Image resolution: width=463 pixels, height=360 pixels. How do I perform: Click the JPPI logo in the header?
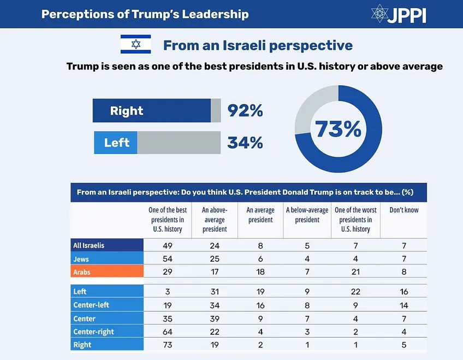pos(397,14)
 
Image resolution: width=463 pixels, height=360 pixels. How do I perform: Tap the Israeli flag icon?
pos(135,44)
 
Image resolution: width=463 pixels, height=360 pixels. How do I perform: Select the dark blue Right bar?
pos(151,110)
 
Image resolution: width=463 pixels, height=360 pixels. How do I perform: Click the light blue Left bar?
pos(116,143)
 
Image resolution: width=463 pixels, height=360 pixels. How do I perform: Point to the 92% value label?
pos(245,111)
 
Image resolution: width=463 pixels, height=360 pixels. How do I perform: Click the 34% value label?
pos(245,143)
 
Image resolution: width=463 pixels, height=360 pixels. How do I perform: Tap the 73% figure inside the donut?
pos(338,129)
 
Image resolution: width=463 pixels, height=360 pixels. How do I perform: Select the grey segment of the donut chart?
pos(312,107)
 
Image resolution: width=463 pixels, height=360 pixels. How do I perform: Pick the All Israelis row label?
pos(89,245)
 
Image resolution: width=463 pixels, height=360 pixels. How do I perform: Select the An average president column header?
pos(260,215)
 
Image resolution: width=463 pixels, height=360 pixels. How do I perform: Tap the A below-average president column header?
pos(307,215)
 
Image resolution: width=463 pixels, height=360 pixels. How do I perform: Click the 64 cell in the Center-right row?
pos(168,332)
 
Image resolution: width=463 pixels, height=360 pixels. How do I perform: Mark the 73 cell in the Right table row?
pos(168,345)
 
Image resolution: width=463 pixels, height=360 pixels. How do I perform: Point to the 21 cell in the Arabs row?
pos(355,271)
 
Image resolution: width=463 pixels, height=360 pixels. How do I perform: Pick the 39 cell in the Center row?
pos(215,318)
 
